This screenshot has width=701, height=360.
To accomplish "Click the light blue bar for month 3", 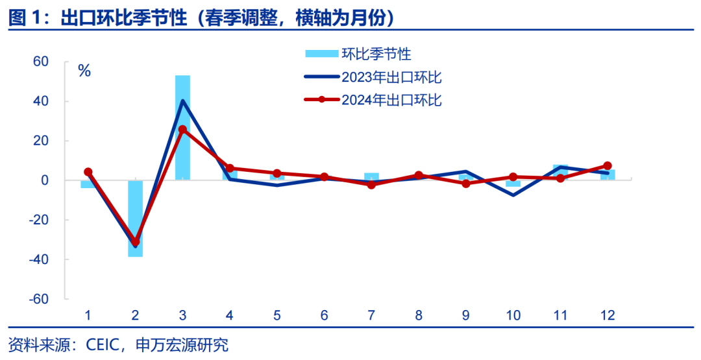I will (x=182, y=127).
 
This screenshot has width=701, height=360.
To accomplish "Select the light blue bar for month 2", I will (x=135, y=218).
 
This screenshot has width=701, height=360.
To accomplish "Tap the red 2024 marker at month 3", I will (x=182, y=130).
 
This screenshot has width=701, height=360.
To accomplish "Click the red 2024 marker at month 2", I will (x=135, y=241).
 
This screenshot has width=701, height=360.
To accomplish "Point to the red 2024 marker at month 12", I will (x=608, y=165).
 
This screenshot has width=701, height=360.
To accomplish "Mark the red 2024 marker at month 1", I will (x=88, y=172).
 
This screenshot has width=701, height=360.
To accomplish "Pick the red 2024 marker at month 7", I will (x=371, y=185).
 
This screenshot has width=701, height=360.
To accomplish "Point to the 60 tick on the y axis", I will (x=41, y=62).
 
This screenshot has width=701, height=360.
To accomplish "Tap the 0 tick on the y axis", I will (x=45, y=180).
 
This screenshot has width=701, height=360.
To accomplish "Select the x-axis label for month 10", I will (x=513, y=315).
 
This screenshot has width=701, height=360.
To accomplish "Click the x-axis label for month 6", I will (x=324, y=315).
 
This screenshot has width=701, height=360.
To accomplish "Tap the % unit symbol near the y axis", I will (x=84, y=71).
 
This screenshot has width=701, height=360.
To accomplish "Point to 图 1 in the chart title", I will (x=25, y=19).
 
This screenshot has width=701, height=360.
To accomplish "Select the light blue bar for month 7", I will (x=371, y=176).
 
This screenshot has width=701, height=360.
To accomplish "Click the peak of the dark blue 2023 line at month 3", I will (x=182, y=101).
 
